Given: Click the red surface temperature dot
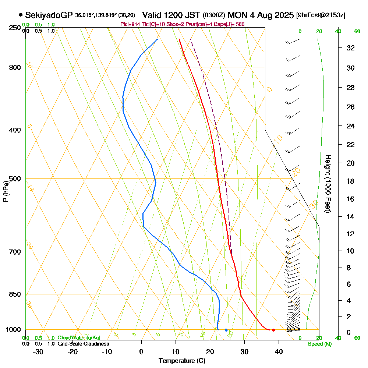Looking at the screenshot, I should point(273,330).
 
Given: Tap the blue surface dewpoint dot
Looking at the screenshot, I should point(226,330).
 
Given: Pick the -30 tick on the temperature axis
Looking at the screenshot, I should point(38,351).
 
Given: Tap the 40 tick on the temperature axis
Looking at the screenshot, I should point(279,351).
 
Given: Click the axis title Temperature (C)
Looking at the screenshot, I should point(182,361).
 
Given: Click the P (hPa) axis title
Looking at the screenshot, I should point(6,191).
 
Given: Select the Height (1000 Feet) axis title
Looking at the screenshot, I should point(328,184).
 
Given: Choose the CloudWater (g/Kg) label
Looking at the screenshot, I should point(79,337).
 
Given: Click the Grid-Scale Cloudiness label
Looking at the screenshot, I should point(83,344).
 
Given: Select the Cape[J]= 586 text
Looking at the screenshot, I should point(230,24).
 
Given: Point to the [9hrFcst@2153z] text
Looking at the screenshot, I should point(321,15).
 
